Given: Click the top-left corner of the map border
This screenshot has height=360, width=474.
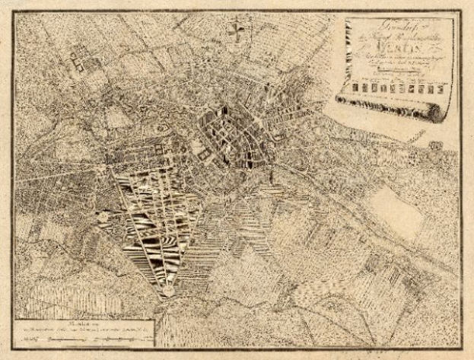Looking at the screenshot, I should tap(14, 10).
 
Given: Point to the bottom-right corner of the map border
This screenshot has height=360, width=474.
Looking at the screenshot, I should tap(462, 349).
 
